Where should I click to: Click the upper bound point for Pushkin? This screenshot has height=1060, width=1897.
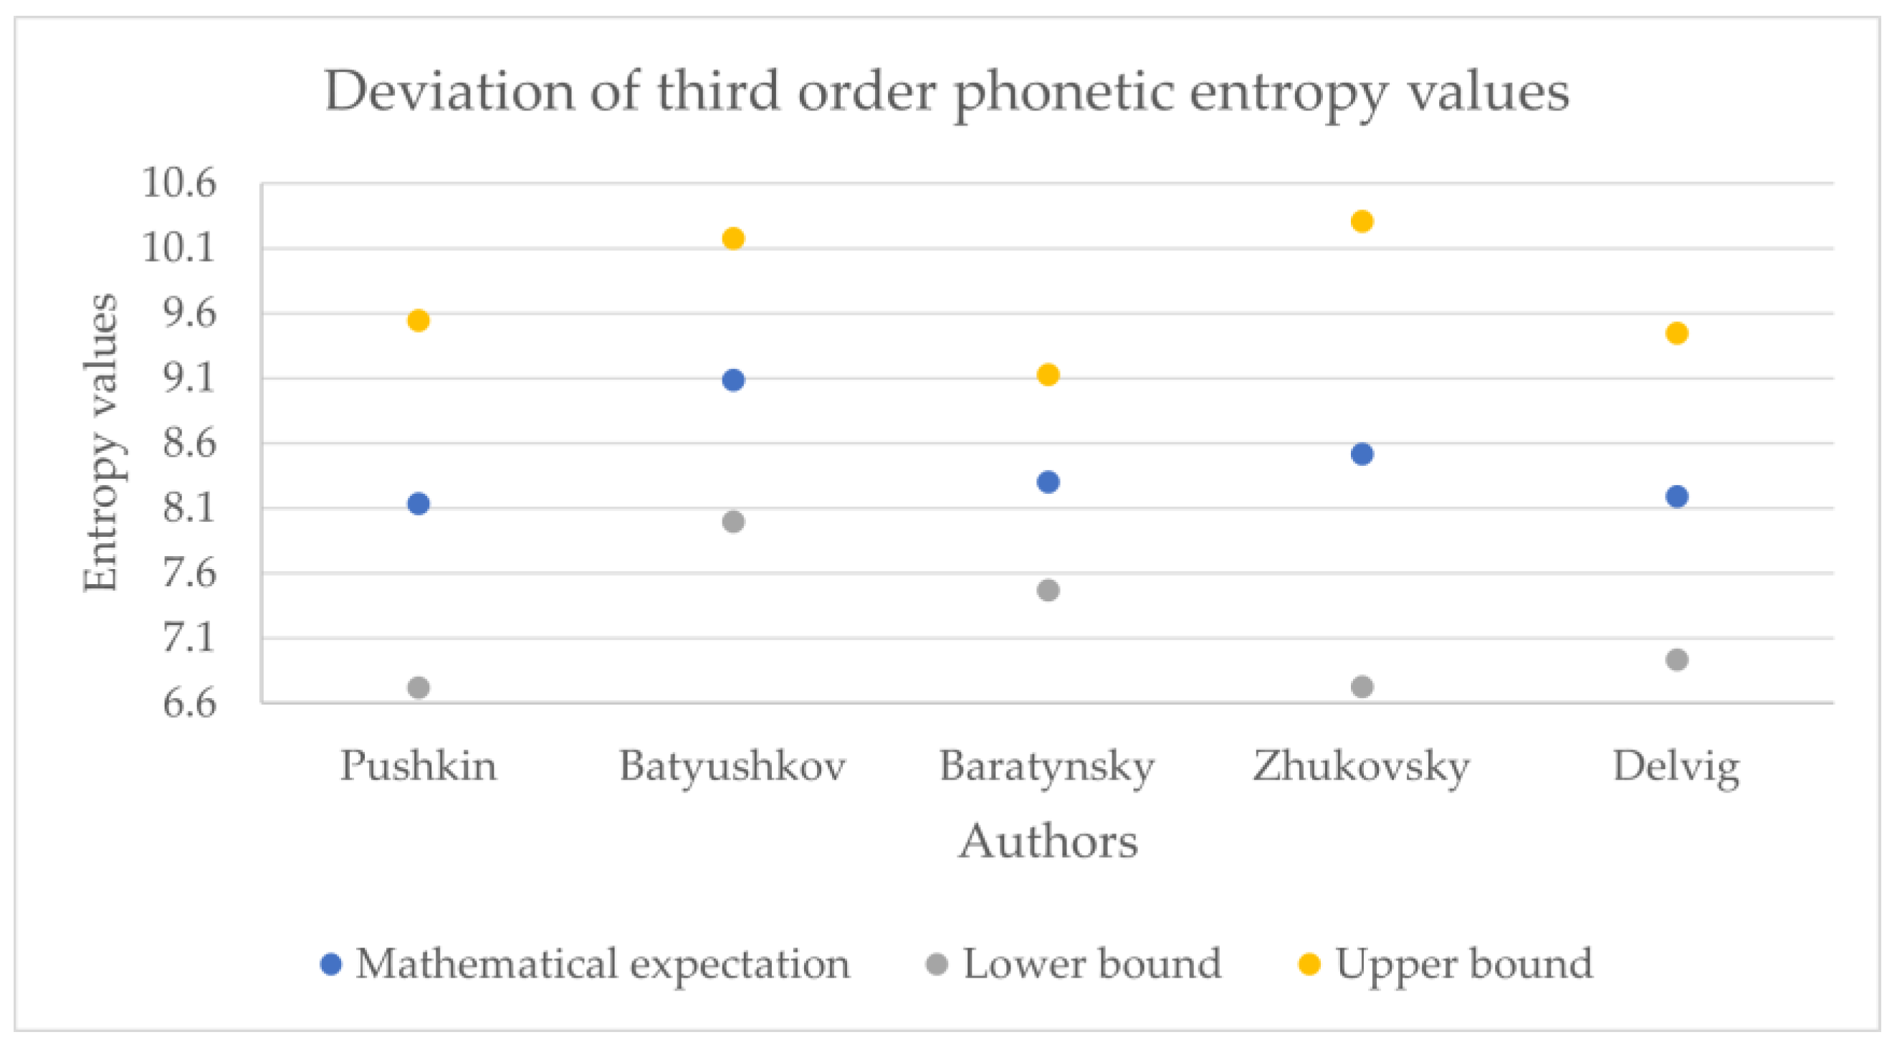pyautogui.click(x=419, y=320)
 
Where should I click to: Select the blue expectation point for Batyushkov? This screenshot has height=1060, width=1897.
pyautogui.click(x=733, y=380)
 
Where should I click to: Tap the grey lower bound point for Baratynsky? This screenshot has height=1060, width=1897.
pyautogui.click(x=1048, y=590)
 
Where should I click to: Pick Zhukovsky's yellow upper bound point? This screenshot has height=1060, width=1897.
pyautogui.click(x=1362, y=221)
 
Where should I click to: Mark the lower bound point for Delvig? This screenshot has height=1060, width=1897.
pyautogui.click(x=1677, y=659)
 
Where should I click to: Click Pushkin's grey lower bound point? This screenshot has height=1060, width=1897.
pyautogui.click(x=419, y=687)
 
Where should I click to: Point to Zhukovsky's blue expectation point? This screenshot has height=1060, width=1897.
pyautogui.click(x=1362, y=454)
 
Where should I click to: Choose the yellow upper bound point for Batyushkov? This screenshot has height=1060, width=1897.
pyautogui.click(x=733, y=238)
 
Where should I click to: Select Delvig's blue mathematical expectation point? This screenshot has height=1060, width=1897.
pyautogui.click(x=1677, y=497)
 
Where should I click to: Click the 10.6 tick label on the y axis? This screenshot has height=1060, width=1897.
pyautogui.click(x=179, y=183)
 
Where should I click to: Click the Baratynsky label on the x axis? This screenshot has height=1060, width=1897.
pyautogui.click(x=1047, y=768)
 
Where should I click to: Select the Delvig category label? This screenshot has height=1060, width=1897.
pyautogui.click(x=1676, y=768)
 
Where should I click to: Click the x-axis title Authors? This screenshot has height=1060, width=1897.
pyautogui.click(x=1048, y=841)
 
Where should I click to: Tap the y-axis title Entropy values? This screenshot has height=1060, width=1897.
pyautogui.click(x=100, y=443)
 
